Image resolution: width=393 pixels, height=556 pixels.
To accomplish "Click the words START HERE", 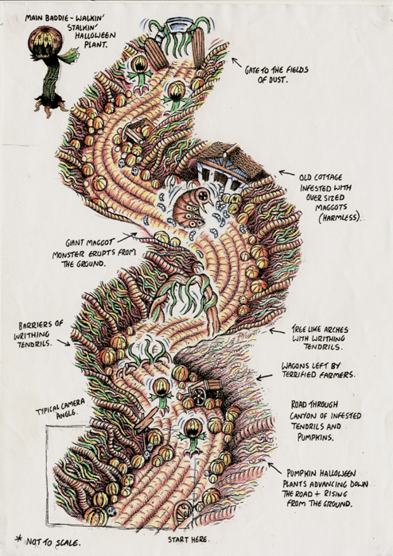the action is [189, 539].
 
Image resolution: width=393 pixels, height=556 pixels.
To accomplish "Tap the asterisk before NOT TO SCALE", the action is [18, 539].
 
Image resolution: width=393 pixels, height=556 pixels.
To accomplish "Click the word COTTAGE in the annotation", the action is [329, 177].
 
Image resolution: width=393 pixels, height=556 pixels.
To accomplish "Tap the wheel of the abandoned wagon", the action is [200, 394].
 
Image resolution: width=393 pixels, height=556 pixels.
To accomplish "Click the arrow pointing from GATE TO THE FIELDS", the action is [237, 63].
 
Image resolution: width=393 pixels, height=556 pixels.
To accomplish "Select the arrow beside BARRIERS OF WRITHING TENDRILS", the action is [64, 342].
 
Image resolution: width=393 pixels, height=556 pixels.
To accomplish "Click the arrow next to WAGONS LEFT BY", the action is [264, 377].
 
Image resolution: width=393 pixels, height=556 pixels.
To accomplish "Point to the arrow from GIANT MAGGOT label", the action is [126, 237].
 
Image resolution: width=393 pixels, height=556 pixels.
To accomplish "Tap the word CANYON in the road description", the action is [306, 415].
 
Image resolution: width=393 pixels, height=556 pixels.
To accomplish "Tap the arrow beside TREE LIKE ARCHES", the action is [277, 331].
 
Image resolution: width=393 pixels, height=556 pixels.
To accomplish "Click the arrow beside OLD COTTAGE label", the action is [286, 173].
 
